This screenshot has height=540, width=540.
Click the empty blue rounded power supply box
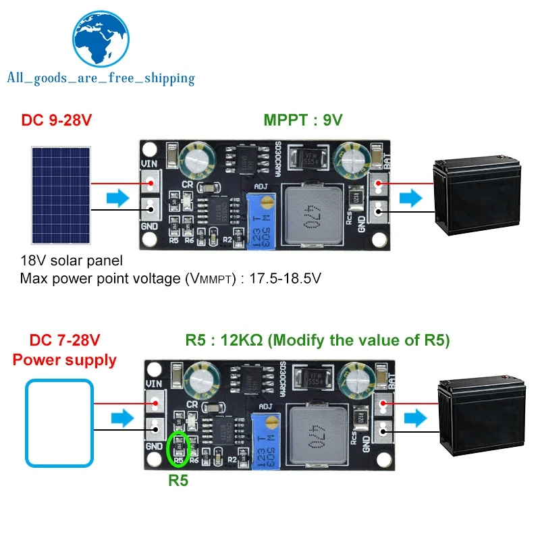(59, 423)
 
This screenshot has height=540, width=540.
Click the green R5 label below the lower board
(178, 481)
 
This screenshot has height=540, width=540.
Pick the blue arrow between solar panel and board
(116, 198)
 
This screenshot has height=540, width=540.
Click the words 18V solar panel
(72, 261)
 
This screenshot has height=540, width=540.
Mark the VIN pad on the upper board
(151, 182)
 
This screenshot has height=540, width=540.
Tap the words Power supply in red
(65, 360)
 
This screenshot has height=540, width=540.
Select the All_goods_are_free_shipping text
(101, 78)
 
